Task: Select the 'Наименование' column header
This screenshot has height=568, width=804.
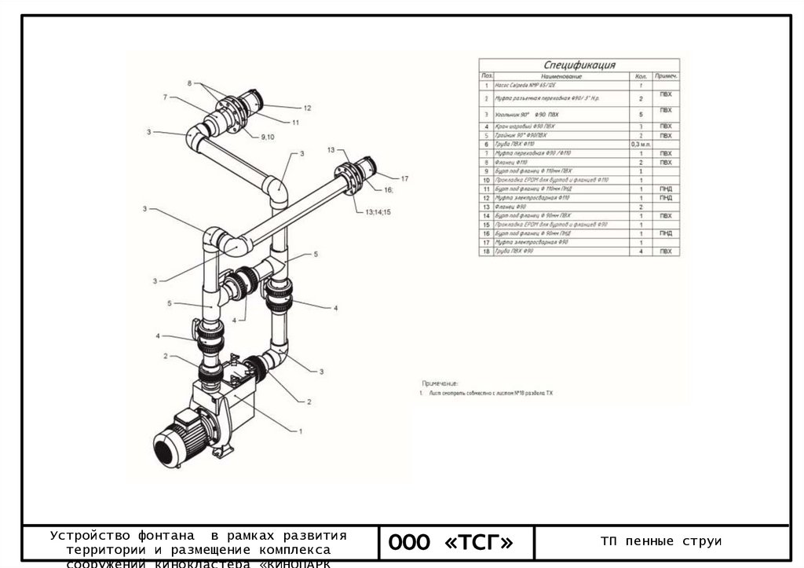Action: click(561, 76)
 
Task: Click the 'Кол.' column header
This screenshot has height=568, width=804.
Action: click(641, 76)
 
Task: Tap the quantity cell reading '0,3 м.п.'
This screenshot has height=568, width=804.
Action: click(641, 145)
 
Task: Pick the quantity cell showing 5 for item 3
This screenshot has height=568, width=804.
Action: click(641, 115)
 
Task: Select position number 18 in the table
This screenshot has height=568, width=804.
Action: click(487, 251)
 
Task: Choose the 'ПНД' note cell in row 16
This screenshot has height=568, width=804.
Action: click(666, 233)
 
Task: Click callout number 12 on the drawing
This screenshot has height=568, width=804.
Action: click(308, 108)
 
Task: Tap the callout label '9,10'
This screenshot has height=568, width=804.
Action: click(268, 137)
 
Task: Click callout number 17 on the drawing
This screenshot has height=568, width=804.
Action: click(405, 178)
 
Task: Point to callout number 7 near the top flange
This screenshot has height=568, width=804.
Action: click(166, 97)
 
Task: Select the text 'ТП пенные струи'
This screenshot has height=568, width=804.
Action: click(660, 541)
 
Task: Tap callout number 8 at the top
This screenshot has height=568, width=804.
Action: click(189, 82)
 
